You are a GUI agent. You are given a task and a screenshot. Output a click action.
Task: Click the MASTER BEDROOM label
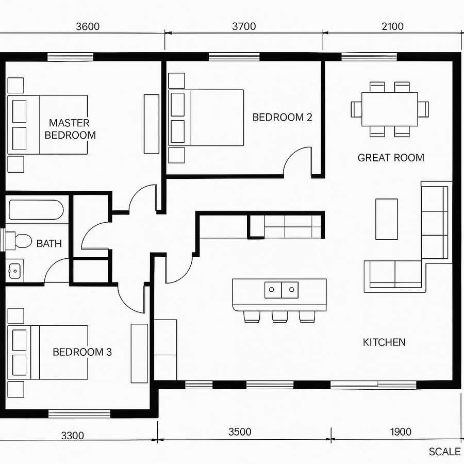(70, 129)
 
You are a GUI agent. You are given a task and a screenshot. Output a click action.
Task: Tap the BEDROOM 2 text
(282, 117)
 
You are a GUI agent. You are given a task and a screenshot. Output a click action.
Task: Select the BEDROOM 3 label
(82, 352)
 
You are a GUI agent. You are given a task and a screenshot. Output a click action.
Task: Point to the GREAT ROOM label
(391, 158)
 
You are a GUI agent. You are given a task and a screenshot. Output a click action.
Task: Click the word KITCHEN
(384, 342)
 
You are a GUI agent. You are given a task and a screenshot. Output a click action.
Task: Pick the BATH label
(49, 243)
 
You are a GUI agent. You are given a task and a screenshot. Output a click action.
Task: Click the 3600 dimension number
(88, 27)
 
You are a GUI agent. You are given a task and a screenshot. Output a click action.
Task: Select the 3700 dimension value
(244, 27)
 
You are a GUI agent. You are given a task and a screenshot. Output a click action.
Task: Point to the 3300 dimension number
(72, 436)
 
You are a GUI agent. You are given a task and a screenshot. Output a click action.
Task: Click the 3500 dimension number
(240, 432)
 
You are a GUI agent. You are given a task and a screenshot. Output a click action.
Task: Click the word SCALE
(444, 452)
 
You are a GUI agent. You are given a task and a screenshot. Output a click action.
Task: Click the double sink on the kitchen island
(281, 290)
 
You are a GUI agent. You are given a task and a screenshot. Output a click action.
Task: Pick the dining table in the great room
(390, 109)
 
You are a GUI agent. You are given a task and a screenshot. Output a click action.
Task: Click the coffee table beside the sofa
(386, 219)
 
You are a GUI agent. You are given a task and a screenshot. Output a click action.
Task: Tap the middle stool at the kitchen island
(279, 317)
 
